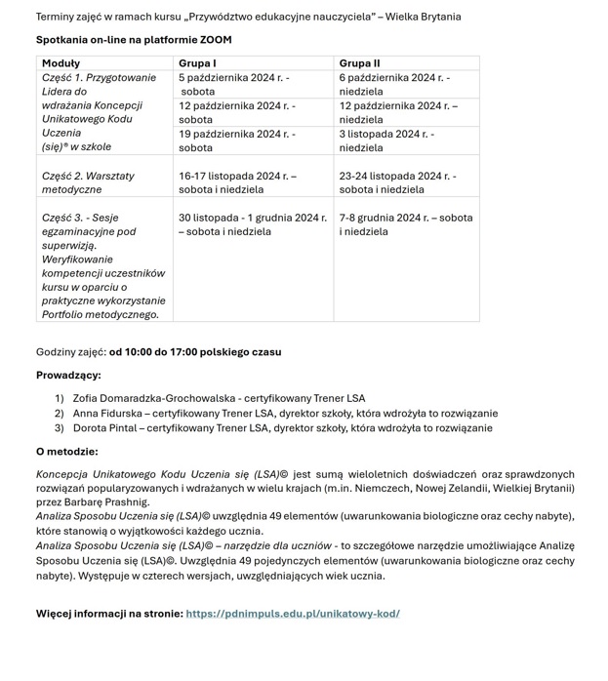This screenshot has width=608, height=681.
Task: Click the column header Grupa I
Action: tap(197, 63)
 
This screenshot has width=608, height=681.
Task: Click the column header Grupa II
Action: tap(360, 63)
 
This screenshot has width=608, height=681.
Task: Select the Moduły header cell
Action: tap(61, 63)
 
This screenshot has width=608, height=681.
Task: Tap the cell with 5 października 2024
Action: tap(234, 84)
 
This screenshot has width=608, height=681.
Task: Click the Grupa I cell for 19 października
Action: tap(237, 140)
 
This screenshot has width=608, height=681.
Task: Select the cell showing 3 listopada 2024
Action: tap(387, 140)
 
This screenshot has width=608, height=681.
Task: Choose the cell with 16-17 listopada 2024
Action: tap(237, 182)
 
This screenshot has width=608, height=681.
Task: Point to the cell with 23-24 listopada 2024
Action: tap(397, 182)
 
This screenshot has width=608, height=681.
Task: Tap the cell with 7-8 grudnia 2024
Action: tap(405, 224)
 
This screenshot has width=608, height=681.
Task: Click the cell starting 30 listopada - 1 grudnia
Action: tap(252, 224)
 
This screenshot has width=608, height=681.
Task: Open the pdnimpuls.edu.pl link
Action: tap(293, 614)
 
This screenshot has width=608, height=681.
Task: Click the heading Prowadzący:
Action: tap(68, 376)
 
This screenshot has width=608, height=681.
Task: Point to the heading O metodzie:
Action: tap(66, 452)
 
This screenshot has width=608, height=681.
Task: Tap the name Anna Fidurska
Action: tap(107, 414)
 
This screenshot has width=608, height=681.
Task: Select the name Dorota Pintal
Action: tap(104, 428)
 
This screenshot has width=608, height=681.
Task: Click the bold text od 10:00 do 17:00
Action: tap(195, 352)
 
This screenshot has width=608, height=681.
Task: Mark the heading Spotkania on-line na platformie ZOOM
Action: tap(134, 40)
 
